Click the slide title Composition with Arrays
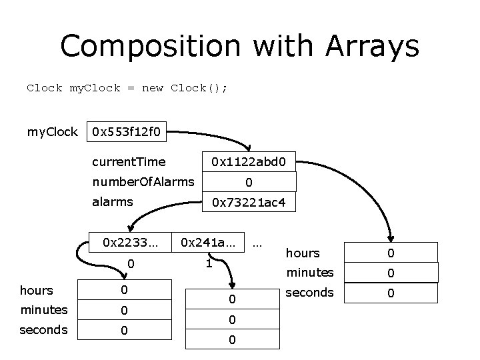(239, 47)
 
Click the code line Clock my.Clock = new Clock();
(127, 88)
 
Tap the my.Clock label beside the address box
(52, 131)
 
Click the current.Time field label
(129, 161)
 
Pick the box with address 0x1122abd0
(248, 161)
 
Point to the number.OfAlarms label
(143, 181)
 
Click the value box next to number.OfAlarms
(248, 181)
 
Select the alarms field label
(113, 202)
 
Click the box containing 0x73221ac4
(248, 202)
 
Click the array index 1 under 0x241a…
(208, 264)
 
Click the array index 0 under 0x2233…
(131, 264)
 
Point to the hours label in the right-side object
(303, 253)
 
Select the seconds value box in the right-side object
(392, 293)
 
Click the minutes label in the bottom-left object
(44, 310)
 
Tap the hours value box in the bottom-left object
(124, 291)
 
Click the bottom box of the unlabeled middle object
(231, 340)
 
